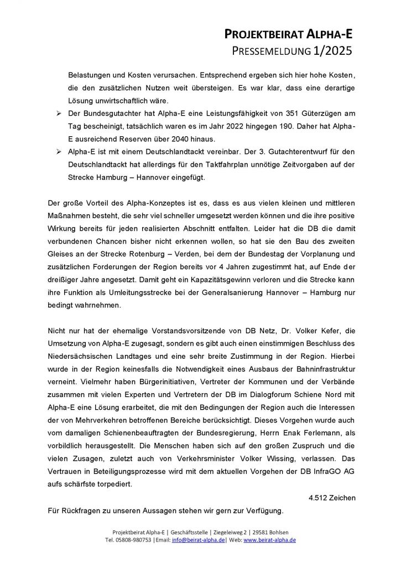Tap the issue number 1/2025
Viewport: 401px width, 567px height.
tap(332, 51)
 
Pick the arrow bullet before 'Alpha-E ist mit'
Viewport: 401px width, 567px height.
tap(59, 151)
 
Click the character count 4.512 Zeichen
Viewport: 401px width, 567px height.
tap(332, 498)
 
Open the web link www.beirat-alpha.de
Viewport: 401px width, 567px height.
tap(270, 540)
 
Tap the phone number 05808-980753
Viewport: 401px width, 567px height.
tap(135, 540)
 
